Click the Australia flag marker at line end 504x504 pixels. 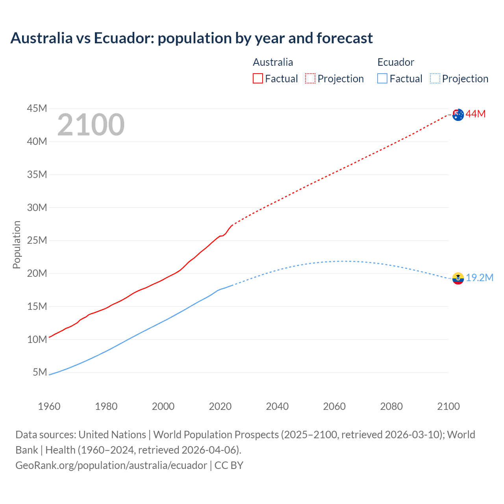pyautogui.click(x=458, y=115)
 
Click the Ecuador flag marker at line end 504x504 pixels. pyautogui.click(x=458, y=278)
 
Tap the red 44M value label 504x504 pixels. pyautogui.click(x=476, y=114)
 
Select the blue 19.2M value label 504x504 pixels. pyautogui.click(x=480, y=278)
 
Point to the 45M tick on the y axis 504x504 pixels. pyautogui.click(x=37, y=108)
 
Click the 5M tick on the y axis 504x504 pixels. pyautogui.click(x=40, y=372)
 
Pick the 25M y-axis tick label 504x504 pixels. pyautogui.click(x=37, y=240)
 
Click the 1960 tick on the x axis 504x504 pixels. pyautogui.click(x=49, y=406)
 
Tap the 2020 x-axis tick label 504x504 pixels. pyautogui.click(x=220, y=406)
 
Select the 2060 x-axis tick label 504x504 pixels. pyautogui.click(x=334, y=406)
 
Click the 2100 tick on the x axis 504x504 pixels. pyautogui.click(x=448, y=406)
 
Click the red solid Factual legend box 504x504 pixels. pyautogui.click(x=258, y=78)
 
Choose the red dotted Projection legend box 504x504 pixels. pyautogui.click(x=310, y=78)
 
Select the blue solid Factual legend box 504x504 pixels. pyautogui.click(x=382, y=78)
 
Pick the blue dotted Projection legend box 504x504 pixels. pyautogui.click(x=435, y=78)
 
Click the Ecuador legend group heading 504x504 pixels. pyautogui.click(x=396, y=62)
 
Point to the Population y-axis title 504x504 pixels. pyautogui.click(x=17, y=245)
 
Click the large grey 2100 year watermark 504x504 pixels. pyautogui.click(x=91, y=125)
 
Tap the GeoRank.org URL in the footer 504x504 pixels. pyautogui.click(x=111, y=465)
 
